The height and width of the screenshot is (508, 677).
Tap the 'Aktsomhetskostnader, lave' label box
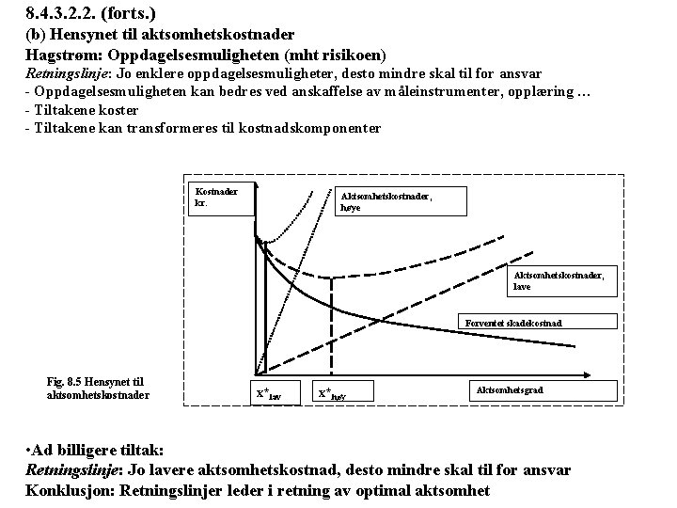(564, 279)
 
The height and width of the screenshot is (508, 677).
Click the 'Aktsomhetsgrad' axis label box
(511, 389)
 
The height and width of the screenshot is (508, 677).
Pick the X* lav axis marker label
(268, 393)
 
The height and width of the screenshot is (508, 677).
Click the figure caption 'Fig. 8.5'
(97, 388)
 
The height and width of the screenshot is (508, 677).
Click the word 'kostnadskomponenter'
(311, 127)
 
